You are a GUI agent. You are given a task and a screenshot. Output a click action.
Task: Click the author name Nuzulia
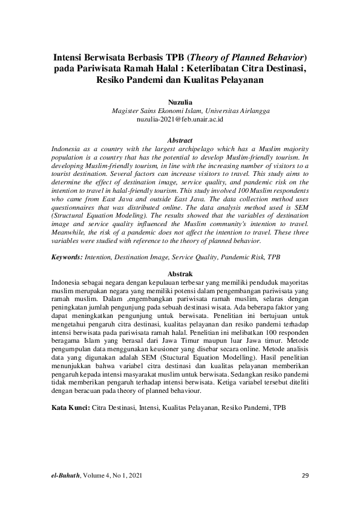[180, 103]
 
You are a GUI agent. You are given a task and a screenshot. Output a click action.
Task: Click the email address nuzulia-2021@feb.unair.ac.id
[180, 120]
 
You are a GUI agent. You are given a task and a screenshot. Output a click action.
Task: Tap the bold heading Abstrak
[180, 274]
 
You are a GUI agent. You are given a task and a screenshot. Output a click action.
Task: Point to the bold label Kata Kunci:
[70, 409]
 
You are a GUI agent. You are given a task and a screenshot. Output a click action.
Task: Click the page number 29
[305, 476]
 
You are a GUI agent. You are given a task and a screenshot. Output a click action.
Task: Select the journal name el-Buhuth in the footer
[65, 476]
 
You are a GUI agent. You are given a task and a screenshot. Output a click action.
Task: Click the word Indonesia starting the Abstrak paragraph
[68, 282]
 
